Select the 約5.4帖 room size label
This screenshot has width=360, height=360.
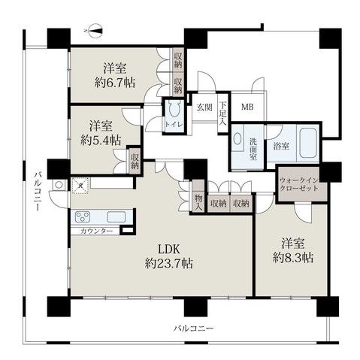pos(97,138)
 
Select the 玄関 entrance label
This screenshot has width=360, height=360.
pos(204,107)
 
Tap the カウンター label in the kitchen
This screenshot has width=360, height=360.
pos(97,230)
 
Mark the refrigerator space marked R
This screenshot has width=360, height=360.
pos(80,183)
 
